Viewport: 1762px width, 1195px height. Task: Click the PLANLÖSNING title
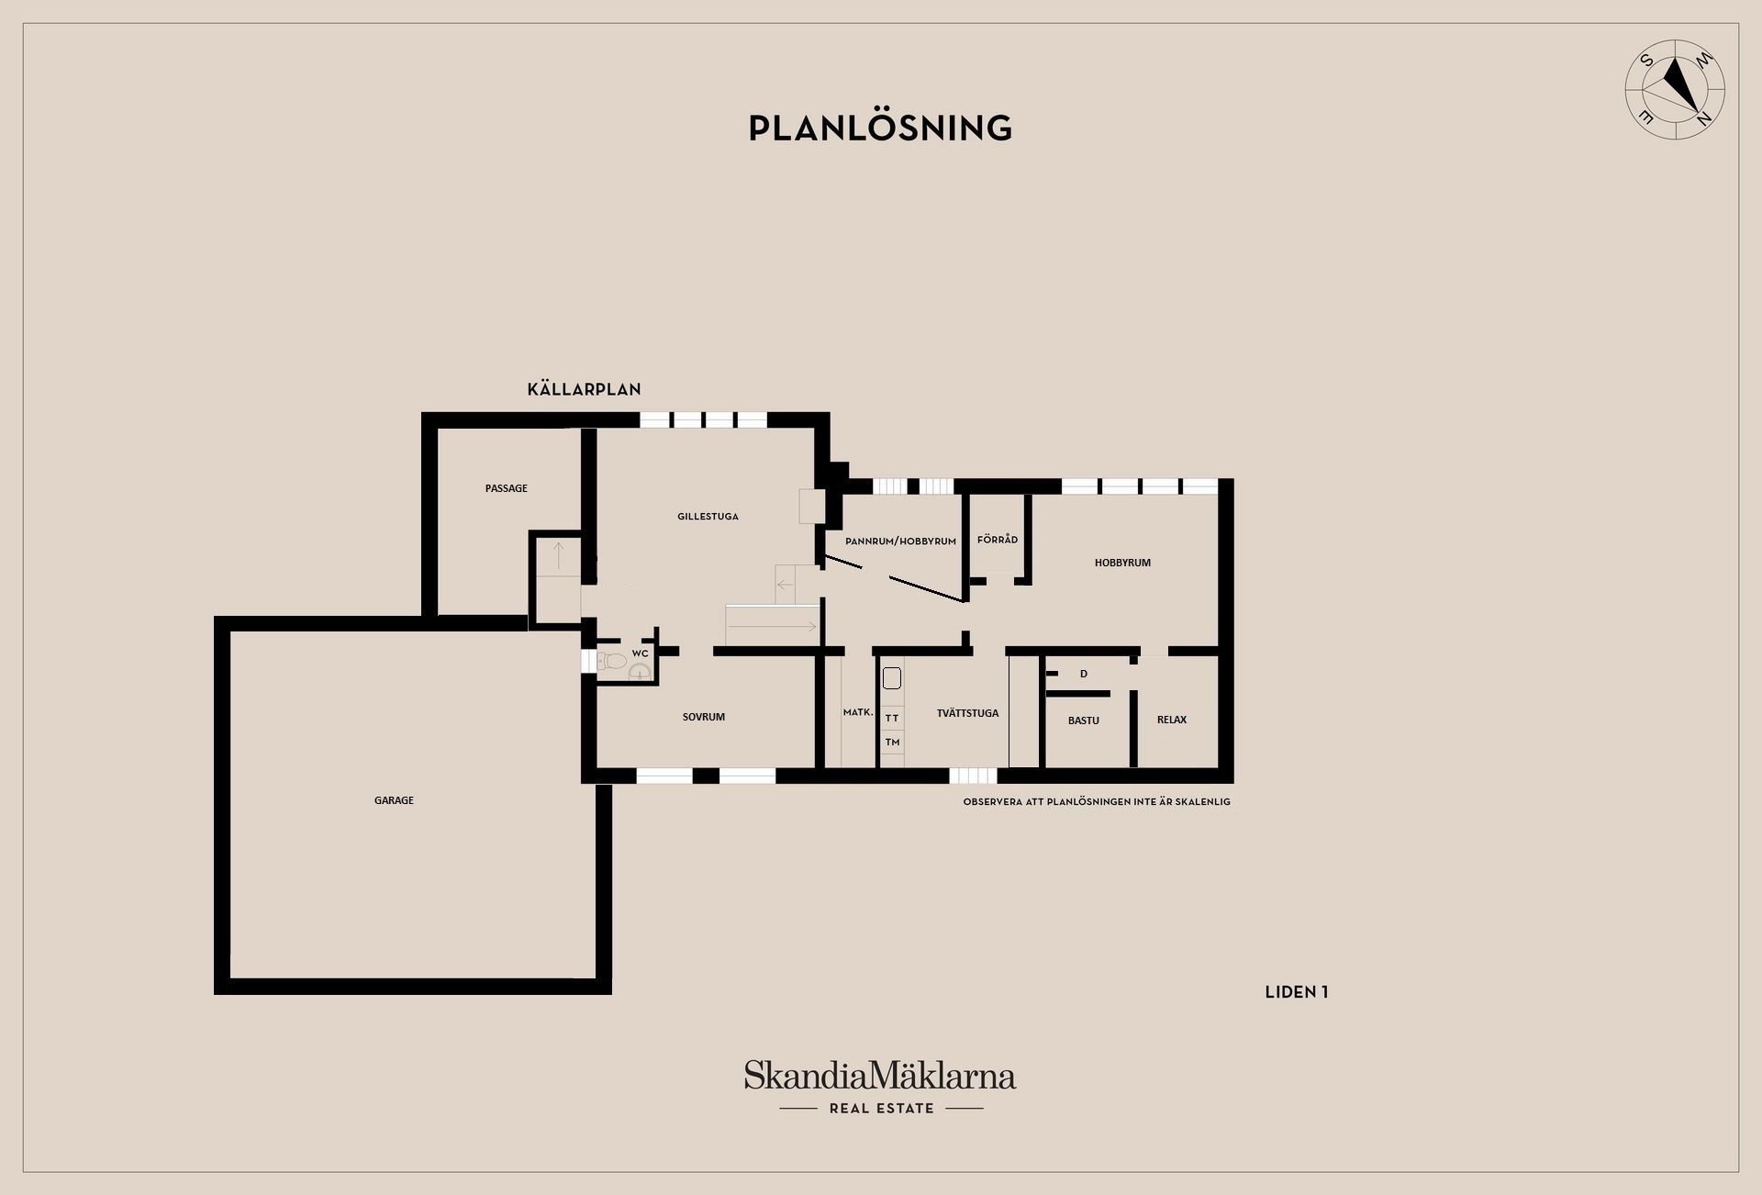(x=880, y=128)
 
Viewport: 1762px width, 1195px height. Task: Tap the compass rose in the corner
(x=1675, y=90)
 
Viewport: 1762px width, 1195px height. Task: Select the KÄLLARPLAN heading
(x=584, y=389)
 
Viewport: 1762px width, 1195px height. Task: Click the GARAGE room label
(x=394, y=800)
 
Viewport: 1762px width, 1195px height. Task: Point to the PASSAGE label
(x=507, y=488)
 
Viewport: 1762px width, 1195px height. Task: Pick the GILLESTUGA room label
(x=708, y=517)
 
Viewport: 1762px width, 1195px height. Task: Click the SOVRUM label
(x=704, y=717)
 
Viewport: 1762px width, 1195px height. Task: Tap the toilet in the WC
(x=612, y=660)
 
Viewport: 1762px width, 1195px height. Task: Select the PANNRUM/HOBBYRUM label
(x=900, y=542)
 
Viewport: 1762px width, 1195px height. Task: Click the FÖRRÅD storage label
(x=998, y=540)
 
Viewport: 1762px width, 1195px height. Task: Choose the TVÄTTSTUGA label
(x=967, y=713)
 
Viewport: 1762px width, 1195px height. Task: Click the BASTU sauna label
(x=1084, y=720)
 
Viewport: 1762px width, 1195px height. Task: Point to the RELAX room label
(x=1172, y=720)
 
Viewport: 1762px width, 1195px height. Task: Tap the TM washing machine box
(x=892, y=742)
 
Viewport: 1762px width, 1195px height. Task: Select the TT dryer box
(x=892, y=718)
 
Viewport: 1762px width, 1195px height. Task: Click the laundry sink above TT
(x=892, y=679)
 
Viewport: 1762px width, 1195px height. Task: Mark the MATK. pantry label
(x=858, y=712)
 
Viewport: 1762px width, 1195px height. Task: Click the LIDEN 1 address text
(x=1297, y=992)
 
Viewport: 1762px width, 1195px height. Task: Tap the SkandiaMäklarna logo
(x=880, y=1088)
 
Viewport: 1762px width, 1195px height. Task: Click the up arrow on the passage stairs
(x=558, y=553)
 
